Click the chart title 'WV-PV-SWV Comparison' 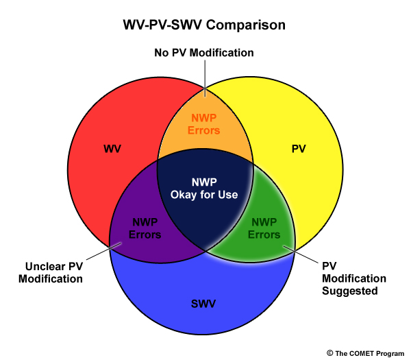click(x=204, y=25)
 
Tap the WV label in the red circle click(x=112, y=149)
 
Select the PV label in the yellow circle click(x=299, y=149)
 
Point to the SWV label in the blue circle click(x=203, y=304)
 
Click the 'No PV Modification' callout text click(x=204, y=53)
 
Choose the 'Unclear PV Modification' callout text click(x=51, y=273)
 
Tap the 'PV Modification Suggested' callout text click(x=354, y=278)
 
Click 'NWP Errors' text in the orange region click(x=204, y=124)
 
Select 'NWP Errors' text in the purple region click(x=145, y=228)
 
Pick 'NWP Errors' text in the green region click(x=264, y=228)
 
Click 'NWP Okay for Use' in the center click(x=204, y=189)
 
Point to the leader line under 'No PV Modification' click(x=205, y=78)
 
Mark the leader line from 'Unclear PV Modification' click(x=104, y=251)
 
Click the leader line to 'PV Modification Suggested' click(x=301, y=254)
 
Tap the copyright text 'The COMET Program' click(x=370, y=354)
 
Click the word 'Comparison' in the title click(x=246, y=25)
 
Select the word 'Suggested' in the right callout click(x=350, y=291)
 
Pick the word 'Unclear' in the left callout click(x=41, y=267)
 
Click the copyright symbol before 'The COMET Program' click(x=330, y=353)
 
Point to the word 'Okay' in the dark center click(x=184, y=195)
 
